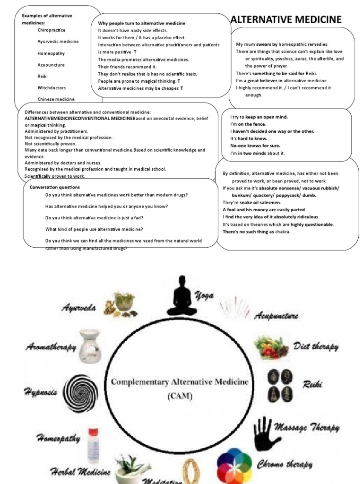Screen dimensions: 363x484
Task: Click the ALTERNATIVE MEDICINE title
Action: pos(285,19)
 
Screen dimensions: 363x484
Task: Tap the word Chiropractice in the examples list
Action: pos(51,30)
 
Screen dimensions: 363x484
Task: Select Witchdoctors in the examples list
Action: pos(52,88)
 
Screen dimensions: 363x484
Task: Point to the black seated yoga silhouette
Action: pos(182,298)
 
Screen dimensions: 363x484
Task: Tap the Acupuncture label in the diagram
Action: pos(277,315)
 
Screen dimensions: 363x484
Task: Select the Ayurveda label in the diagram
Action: pos(78,308)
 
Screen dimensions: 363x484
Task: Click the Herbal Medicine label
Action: pos(80,471)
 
